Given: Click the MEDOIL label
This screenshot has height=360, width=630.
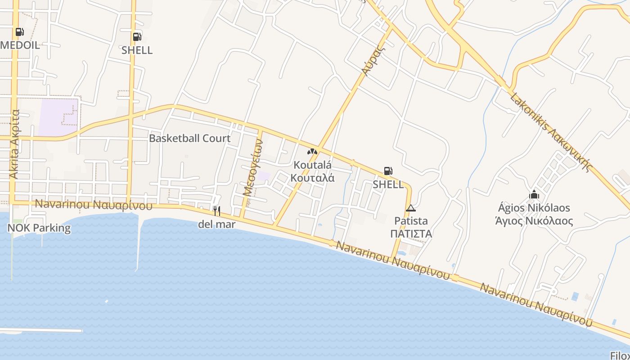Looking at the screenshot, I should click(20, 45).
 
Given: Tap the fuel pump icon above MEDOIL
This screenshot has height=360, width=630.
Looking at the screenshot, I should click(19, 32).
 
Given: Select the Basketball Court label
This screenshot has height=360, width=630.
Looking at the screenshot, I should click(189, 138).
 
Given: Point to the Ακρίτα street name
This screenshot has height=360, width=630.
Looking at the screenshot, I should click(15, 144).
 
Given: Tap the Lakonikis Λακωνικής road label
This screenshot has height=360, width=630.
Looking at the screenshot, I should click(549, 133).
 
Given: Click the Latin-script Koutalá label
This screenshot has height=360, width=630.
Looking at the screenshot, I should click(312, 165).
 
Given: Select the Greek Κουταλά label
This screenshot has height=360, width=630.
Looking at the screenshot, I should click(312, 177).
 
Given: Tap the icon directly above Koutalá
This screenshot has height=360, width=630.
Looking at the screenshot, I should click(312, 152).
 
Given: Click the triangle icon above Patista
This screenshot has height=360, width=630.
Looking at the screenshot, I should click(410, 208).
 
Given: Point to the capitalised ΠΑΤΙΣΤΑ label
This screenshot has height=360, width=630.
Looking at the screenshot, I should click(411, 234).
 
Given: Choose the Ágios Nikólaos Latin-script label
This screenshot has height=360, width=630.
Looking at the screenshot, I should click(534, 208).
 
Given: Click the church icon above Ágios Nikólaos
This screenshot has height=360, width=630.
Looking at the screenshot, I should click(534, 194).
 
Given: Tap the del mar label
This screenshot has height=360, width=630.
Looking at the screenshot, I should click(216, 224).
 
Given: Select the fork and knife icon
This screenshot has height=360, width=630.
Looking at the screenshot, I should click(216, 211).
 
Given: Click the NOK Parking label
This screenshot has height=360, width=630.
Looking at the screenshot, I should click(39, 228).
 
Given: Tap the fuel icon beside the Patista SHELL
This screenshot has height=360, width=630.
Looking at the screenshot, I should click(388, 171).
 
